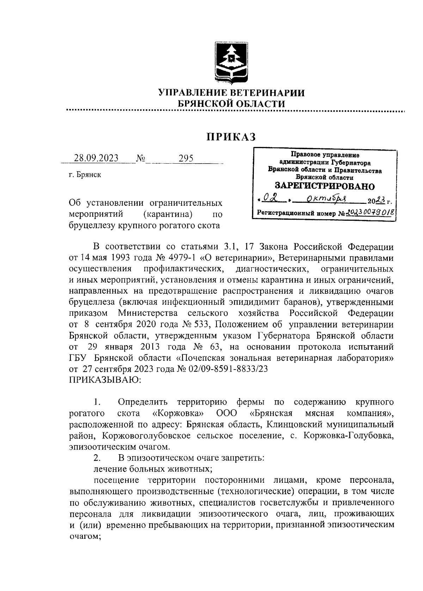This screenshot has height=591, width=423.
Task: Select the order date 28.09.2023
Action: [x=96, y=158]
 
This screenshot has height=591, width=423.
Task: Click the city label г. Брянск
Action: [x=85, y=175]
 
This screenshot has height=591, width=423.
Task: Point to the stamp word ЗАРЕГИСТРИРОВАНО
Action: [x=325, y=186]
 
